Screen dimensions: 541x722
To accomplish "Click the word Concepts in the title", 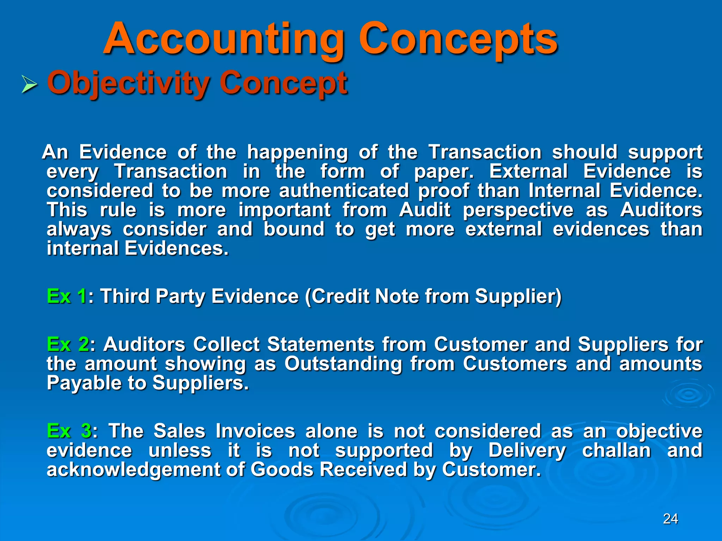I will (458, 39).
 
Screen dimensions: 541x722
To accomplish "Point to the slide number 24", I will (670, 519).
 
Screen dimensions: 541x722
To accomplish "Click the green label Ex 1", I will (67, 296).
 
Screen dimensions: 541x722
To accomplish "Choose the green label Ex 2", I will (68, 344).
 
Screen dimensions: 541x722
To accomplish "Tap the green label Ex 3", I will (69, 431).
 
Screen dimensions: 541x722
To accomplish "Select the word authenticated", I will (344, 191).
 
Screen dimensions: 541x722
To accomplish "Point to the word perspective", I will (518, 211).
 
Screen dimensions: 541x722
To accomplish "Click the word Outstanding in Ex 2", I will (343, 364).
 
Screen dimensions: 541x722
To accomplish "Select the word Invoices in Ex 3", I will (255, 431).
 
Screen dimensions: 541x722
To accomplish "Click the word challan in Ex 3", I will (616, 450).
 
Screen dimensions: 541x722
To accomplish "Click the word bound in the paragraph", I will (294, 229).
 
